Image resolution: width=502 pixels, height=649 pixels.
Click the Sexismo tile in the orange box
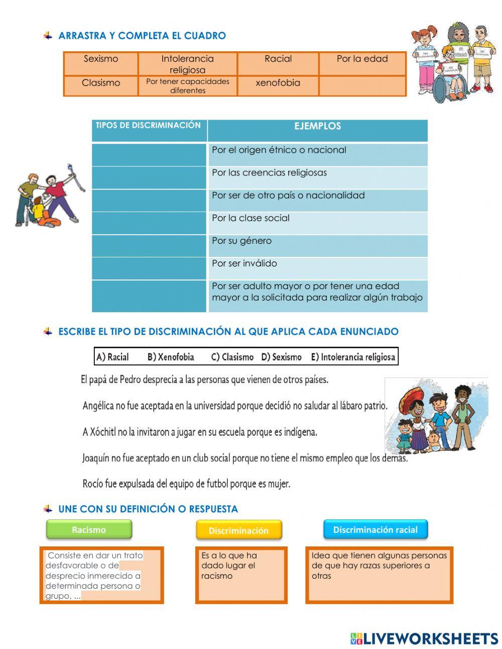pos(101,59)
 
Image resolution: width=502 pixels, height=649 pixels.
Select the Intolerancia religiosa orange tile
pos(187,64)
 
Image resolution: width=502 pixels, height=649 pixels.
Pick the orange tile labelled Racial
pos(278,59)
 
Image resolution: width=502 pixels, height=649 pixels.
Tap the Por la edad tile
pos(362,59)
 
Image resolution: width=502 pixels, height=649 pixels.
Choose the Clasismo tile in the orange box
pos(101,83)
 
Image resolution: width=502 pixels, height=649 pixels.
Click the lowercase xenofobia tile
pos(278,83)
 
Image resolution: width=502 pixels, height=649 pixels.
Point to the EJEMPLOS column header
pos(317,127)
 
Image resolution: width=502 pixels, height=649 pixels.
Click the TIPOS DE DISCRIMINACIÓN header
pos(148,126)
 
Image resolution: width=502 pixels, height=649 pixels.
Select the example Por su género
pos(241,241)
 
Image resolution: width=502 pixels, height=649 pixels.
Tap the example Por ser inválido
pos(244,263)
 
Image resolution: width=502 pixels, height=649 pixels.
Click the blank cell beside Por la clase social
pos(149,223)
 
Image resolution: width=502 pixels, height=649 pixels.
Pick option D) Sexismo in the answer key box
pos(281,357)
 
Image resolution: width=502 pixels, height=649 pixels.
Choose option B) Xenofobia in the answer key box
pos(171,357)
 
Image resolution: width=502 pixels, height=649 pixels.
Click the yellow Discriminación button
pos(238,530)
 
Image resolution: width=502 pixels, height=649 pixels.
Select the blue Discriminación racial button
pos(375,530)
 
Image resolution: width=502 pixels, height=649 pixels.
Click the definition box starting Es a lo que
pos(241,575)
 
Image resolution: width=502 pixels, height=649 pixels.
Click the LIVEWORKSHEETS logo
pos(424,638)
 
